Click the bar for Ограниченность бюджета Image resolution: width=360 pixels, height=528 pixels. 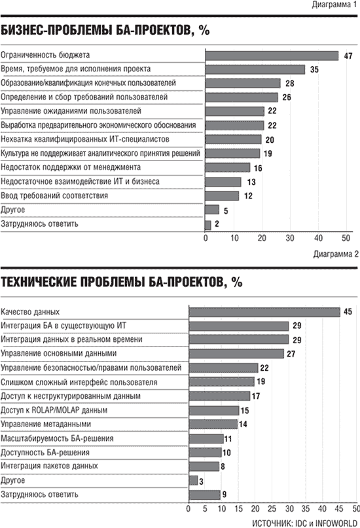[x=272, y=56]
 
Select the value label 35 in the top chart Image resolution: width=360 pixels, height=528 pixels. [x=314, y=69]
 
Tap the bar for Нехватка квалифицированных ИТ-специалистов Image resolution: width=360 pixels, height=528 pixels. [x=233, y=140]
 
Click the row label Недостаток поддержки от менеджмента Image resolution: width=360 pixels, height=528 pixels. [x=71, y=167]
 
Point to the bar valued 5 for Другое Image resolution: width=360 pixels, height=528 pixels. [x=212, y=210]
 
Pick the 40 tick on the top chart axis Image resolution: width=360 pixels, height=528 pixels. [x=318, y=238]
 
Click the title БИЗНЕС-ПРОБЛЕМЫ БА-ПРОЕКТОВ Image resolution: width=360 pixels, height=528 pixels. [x=105, y=30]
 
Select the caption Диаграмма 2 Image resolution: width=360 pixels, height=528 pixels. [x=336, y=254]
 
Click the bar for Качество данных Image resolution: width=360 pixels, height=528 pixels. [x=264, y=312]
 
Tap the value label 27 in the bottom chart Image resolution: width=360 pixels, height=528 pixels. [x=291, y=354]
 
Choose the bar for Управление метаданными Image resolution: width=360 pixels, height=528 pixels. [x=213, y=424]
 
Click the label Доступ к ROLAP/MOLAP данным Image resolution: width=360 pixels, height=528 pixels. [x=54, y=410]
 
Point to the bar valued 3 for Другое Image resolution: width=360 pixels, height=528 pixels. [x=194, y=481]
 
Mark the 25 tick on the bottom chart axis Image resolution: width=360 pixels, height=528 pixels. [x=272, y=508]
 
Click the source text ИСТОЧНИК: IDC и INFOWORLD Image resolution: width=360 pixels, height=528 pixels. [x=304, y=523]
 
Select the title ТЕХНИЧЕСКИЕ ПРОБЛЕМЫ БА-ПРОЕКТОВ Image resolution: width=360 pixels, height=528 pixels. [x=122, y=282]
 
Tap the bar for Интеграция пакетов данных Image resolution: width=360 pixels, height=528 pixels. [x=204, y=466]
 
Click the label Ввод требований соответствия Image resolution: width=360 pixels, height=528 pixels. [x=54, y=196]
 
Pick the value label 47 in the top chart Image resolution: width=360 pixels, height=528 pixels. [x=348, y=56]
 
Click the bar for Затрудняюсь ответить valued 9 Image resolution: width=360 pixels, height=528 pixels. [x=205, y=495]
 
